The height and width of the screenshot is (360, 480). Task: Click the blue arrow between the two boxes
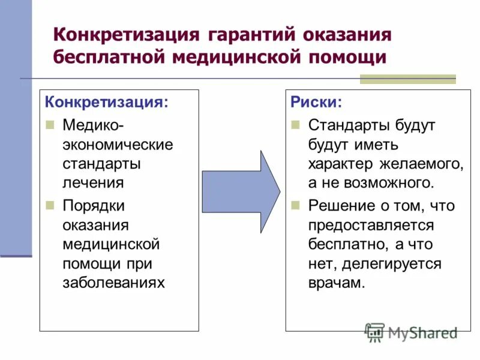click(240, 191)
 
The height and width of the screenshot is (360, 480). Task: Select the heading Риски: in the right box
click(316, 102)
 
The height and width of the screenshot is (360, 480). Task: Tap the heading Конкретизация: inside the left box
click(107, 102)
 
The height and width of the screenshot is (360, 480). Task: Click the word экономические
click(118, 145)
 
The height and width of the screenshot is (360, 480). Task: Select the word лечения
click(93, 184)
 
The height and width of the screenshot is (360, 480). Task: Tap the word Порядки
click(93, 206)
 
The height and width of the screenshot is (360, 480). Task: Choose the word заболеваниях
click(113, 283)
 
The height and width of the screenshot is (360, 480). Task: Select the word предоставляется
click(371, 225)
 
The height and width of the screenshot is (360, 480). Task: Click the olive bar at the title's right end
click(407, 79)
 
